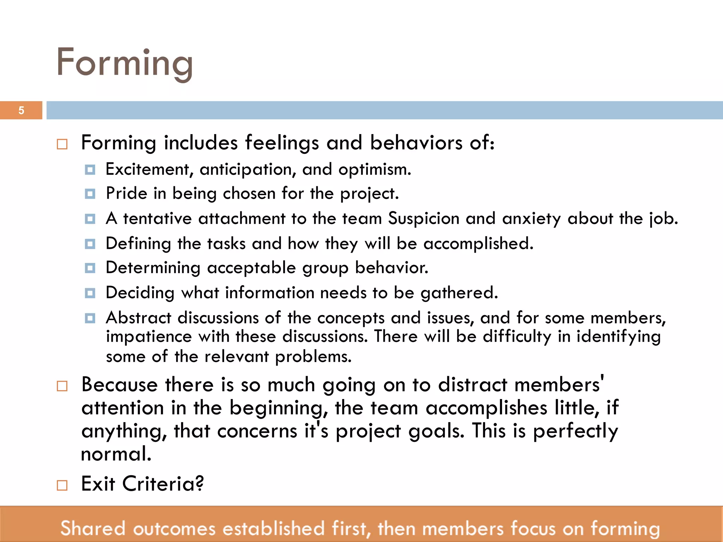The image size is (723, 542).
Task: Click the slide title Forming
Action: [125, 63]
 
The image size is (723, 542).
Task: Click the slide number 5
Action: [21, 110]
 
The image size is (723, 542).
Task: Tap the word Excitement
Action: [147, 169]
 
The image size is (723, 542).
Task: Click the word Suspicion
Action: [424, 218]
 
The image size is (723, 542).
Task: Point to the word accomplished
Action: [478, 243]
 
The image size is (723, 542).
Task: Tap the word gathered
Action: [459, 293]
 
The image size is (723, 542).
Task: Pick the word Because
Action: [119, 385]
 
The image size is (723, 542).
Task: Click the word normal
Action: [116, 454]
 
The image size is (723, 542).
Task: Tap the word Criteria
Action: [163, 484]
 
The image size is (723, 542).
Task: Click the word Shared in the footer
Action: [93, 528]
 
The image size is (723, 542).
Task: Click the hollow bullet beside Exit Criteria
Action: [62, 486]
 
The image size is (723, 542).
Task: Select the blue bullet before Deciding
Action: [90, 293]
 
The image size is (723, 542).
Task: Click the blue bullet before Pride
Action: [90, 194]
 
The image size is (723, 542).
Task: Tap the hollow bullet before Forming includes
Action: [62, 144]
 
